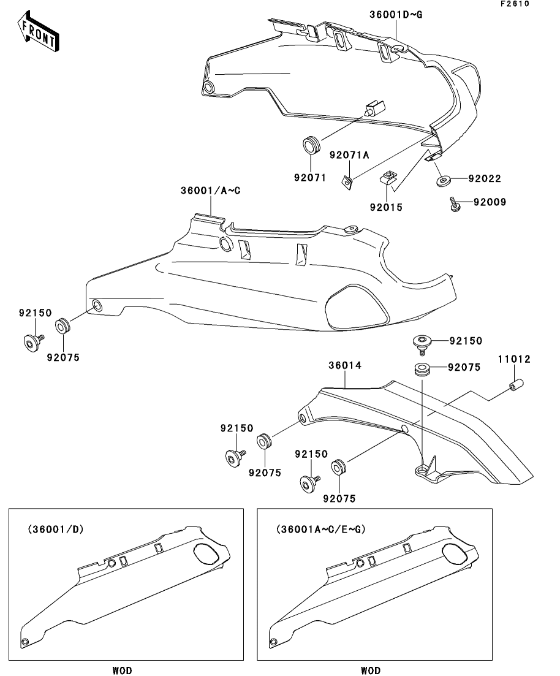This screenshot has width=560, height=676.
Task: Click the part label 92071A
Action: point(349,155)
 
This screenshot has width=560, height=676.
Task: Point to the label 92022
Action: point(485,179)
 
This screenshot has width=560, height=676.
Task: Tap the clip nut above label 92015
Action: point(388,178)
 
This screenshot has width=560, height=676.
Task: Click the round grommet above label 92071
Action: point(312,146)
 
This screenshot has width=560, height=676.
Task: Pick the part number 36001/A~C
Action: point(210,191)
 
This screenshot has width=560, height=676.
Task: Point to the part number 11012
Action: point(513,359)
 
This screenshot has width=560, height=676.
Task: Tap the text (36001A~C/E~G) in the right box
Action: point(320,528)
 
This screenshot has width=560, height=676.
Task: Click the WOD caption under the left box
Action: point(122,670)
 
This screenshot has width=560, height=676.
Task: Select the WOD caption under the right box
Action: point(370,670)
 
